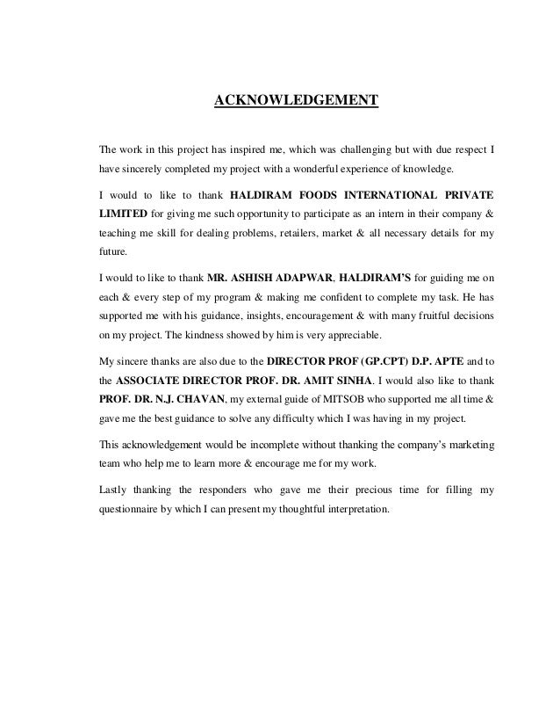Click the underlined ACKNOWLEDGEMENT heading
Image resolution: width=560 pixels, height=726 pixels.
click(x=297, y=100)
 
